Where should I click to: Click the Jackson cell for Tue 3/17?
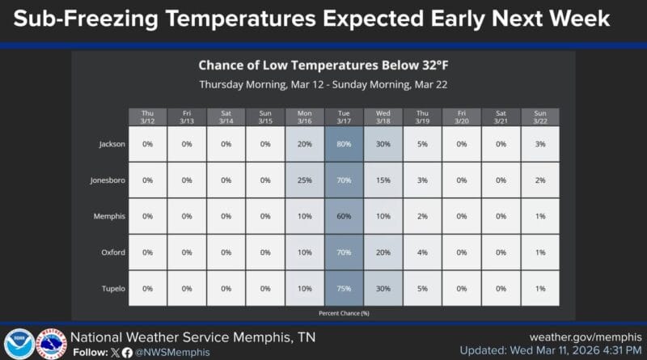(344, 144)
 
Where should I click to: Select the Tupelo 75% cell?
(344, 289)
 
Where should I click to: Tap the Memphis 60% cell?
(344, 216)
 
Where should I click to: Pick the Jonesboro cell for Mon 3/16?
(304, 180)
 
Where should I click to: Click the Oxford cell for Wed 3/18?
(383, 252)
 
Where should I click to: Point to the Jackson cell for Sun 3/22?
(540, 144)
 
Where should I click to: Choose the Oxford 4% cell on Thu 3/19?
(422, 252)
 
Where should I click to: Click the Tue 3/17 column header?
(344, 116)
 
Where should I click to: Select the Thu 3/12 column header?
(147, 116)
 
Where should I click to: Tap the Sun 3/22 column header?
(540, 116)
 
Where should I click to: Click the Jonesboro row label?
(108, 180)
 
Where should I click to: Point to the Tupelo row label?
(112, 289)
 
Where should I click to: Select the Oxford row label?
(112, 252)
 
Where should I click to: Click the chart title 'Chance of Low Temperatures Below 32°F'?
(323, 65)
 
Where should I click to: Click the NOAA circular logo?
(19, 343)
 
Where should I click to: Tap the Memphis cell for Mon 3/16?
(304, 216)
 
